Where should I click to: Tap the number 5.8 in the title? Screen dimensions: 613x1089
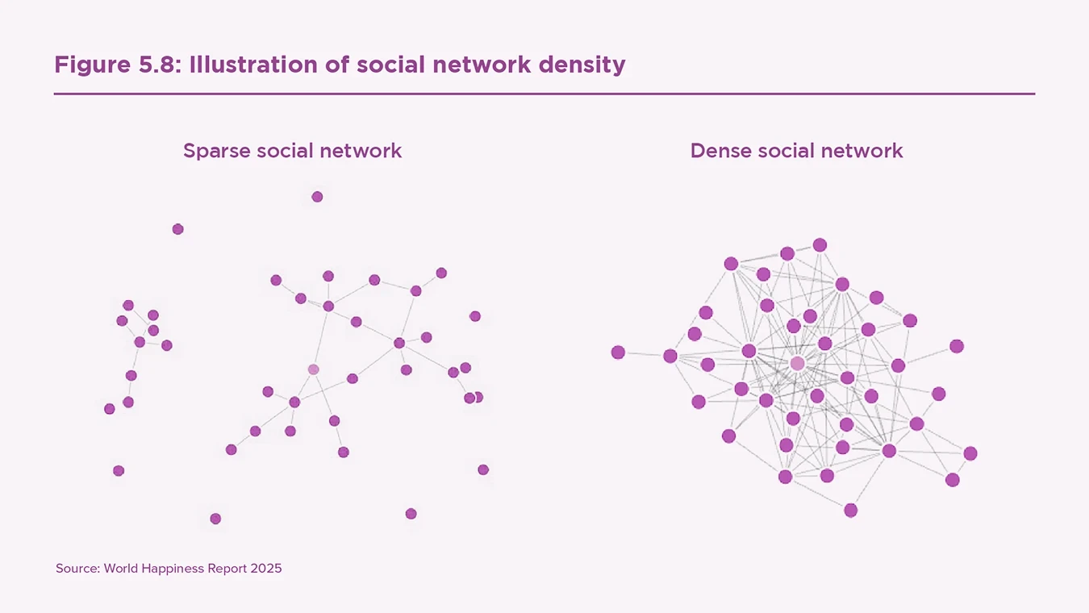point(160,65)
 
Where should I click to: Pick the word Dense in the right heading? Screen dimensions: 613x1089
point(720,151)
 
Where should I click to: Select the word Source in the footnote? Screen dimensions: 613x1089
point(77,569)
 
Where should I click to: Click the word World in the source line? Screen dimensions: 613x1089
point(121,569)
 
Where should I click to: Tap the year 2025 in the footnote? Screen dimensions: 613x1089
point(266,569)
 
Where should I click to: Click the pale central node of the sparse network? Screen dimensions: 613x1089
point(314,369)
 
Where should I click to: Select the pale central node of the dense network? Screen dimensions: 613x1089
point(797,364)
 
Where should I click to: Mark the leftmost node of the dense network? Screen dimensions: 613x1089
point(618,352)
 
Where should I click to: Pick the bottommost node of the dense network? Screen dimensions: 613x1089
point(850,510)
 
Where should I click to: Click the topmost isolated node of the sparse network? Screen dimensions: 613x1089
point(317,197)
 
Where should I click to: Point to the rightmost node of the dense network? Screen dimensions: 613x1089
point(970,453)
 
